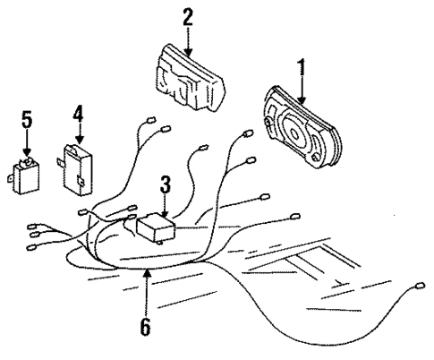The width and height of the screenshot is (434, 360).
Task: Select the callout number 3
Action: (164, 185)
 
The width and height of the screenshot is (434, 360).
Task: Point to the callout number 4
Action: (78, 114)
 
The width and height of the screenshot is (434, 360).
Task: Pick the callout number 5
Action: (27, 118)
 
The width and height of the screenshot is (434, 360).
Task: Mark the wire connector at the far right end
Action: (420, 287)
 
